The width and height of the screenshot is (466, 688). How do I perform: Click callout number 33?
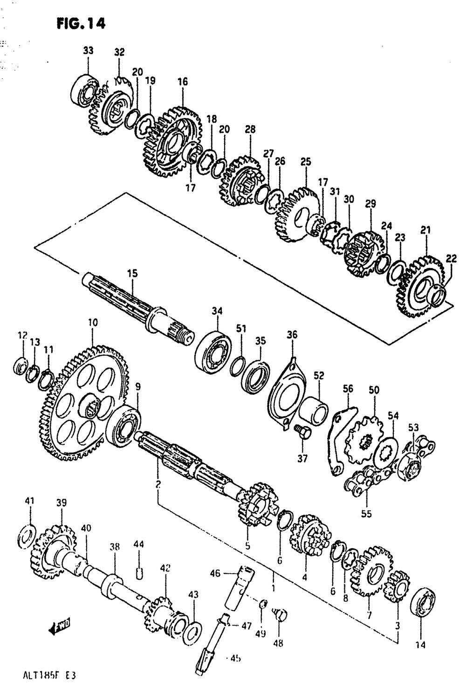point(88,51)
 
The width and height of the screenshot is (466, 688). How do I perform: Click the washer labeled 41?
point(28,537)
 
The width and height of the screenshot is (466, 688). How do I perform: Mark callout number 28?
point(250,130)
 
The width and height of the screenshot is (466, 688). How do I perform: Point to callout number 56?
point(348,389)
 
